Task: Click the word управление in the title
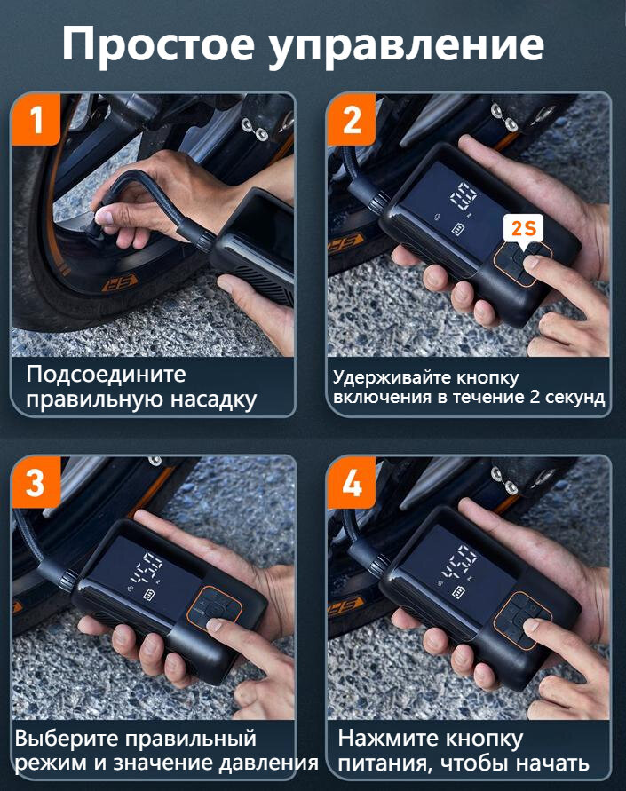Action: (406, 46)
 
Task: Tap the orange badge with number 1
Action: (36, 120)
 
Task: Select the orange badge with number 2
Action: (352, 120)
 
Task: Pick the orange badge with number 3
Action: (36, 482)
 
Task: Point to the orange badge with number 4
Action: (352, 483)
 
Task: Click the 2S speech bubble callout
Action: (524, 230)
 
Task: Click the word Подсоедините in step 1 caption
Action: (106, 376)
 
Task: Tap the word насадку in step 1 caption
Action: (213, 399)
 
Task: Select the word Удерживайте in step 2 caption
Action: (392, 378)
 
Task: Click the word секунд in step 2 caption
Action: (574, 398)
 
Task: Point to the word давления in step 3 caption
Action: (268, 763)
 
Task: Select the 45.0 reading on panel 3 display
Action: (147, 568)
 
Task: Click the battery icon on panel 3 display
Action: (150, 595)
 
